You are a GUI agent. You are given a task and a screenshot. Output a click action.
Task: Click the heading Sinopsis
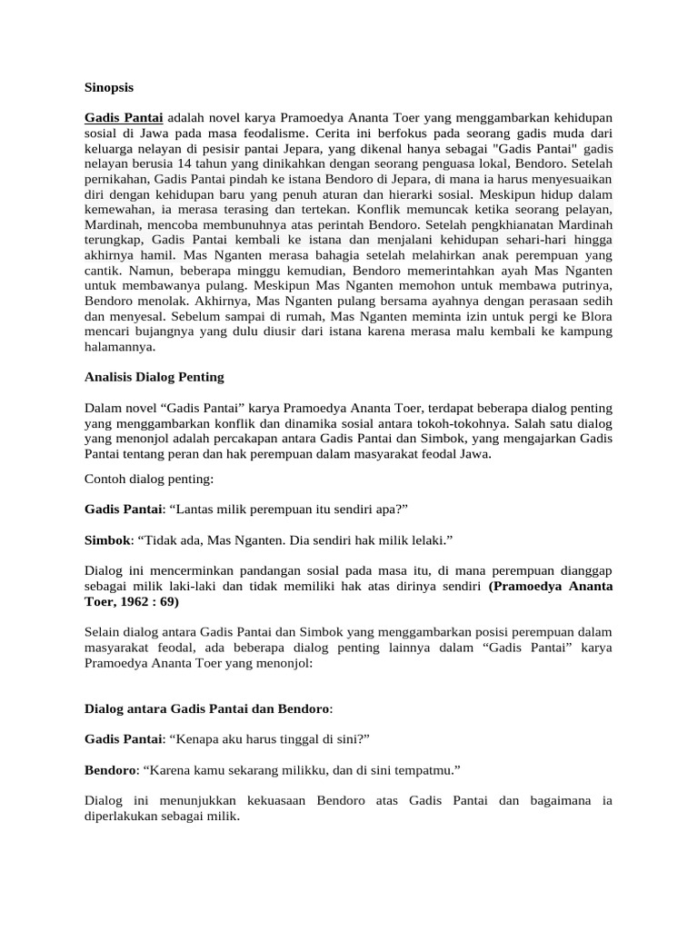click(108, 88)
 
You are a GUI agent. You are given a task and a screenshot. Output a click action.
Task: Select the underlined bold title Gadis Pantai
click(124, 118)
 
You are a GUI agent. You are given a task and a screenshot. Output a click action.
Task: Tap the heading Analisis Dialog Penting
click(154, 376)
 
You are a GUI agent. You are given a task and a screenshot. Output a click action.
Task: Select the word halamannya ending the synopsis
click(119, 346)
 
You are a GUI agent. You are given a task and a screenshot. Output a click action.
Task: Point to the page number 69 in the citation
click(168, 601)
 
